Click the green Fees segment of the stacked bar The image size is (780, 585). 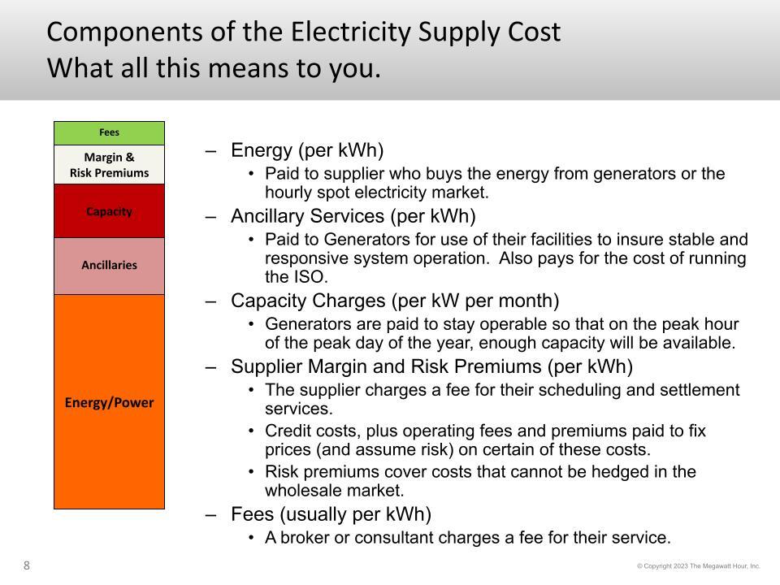109,132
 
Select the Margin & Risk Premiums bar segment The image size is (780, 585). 109,165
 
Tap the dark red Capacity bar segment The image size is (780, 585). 109,211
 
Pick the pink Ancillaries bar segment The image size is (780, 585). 109,266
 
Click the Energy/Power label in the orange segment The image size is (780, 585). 109,402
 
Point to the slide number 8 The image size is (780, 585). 26,565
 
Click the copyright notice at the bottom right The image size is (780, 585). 699,566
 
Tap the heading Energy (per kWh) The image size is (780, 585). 307,150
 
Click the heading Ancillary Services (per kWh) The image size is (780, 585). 353,216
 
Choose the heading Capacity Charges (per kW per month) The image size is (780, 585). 395,301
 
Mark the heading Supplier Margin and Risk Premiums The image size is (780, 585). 386,366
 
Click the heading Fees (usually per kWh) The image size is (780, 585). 331,514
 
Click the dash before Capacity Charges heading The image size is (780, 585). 211,302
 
